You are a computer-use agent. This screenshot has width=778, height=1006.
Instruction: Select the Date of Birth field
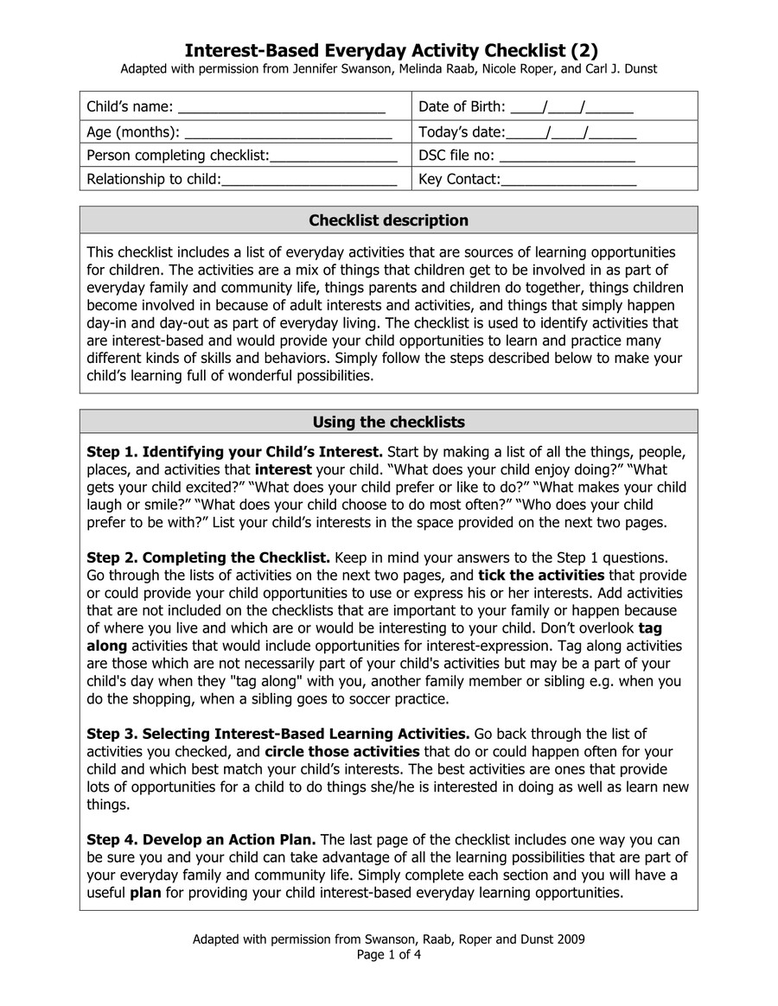[571, 108]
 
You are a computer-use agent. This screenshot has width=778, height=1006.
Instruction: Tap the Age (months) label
[133, 132]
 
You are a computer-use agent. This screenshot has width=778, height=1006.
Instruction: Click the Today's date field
[571, 132]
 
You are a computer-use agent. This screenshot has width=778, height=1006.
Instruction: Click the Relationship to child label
[154, 180]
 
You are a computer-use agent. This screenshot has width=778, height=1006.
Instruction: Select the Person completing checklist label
[178, 156]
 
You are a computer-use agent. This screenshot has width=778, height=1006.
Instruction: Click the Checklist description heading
[388, 220]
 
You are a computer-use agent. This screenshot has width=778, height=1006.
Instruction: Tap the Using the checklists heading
[388, 422]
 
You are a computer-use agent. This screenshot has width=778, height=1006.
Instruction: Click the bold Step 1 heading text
[234, 452]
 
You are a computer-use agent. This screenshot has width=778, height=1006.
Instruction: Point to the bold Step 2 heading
[207, 557]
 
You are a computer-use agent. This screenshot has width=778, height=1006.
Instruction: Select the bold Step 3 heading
[277, 734]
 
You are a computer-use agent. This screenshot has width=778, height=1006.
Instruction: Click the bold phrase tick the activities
[541, 576]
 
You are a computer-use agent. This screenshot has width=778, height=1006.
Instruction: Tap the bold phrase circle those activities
[342, 752]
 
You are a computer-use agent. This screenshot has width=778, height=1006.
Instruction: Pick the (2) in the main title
[580, 49]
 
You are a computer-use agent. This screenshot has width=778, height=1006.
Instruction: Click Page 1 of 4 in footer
[388, 955]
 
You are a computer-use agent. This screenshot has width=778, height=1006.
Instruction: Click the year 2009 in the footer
[570, 939]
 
